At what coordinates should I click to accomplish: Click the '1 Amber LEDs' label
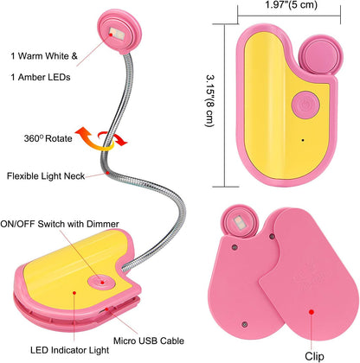coord(41,77)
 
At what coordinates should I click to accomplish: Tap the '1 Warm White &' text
coord(44,56)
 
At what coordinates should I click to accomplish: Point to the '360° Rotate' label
coord(48,138)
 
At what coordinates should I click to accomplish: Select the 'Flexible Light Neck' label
coord(46,175)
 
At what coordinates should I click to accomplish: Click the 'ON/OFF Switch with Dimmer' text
coord(60,224)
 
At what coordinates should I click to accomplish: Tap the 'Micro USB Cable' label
coord(149,341)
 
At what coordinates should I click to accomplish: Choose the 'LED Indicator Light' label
coord(70,350)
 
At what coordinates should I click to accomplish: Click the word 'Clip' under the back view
coord(314,356)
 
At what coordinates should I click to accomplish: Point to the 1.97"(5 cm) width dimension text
coord(291,4)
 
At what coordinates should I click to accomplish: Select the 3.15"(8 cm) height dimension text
coord(209,101)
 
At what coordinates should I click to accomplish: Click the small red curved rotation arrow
coord(112,138)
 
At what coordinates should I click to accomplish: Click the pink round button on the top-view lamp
coord(305,105)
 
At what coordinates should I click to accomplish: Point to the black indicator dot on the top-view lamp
coord(303,140)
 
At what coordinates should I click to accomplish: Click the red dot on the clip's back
coord(311,312)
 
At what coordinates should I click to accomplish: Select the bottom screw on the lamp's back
coord(245,324)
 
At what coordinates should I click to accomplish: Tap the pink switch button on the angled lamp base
coord(102,282)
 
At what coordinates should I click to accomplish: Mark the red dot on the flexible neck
coord(107,173)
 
